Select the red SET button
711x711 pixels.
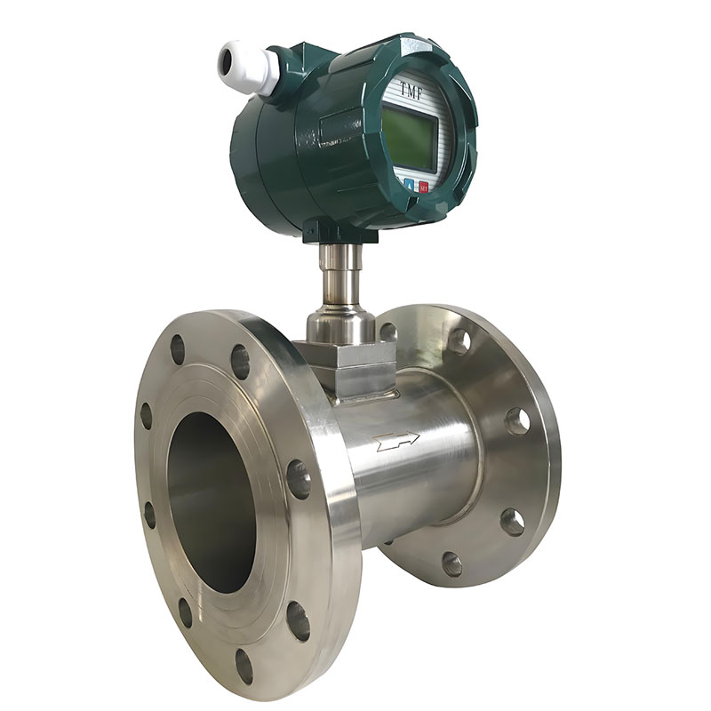click(x=423, y=187)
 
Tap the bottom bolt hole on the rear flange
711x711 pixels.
click(x=451, y=563)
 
